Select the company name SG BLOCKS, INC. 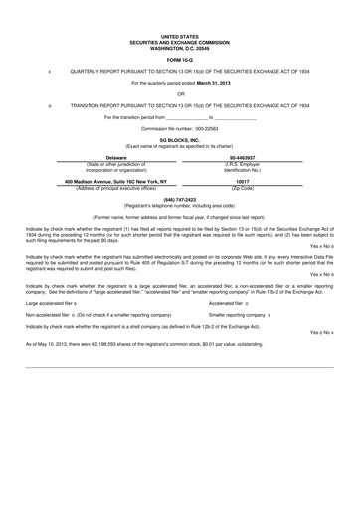click(x=179, y=141)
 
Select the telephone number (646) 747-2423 click(x=179, y=199)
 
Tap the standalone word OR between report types click(x=179, y=94)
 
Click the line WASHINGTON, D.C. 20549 click(x=179, y=47)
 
